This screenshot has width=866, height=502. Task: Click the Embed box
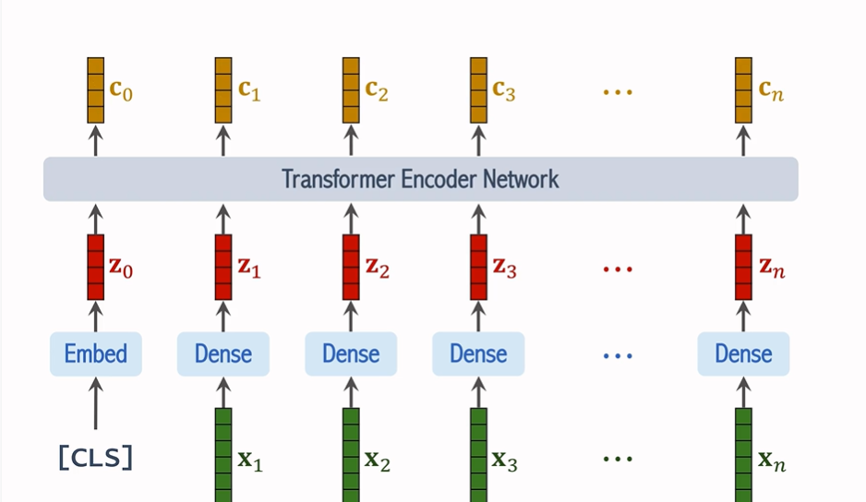pyautogui.click(x=96, y=353)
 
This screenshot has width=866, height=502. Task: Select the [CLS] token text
pyautogui.click(x=95, y=457)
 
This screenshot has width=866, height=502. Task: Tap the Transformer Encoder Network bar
pyautogui.click(x=420, y=178)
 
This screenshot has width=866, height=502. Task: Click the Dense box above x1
pyautogui.click(x=223, y=353)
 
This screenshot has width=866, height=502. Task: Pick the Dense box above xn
pyautogui.click(x=743, y=353)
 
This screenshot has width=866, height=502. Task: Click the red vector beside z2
pyautogui.click(x=351, y=267)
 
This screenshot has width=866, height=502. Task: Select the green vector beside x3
pyautogui.click(x=478, y=454)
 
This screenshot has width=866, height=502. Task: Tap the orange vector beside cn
pyautogui.click(x=743, y=90)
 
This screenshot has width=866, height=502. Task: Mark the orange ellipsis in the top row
pyautogui.click(x=617, y=91)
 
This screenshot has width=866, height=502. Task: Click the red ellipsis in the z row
pyautogui.click(x=617, y=269)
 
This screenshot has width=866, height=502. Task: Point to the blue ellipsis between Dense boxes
pyautogui.click(x=617, y=354)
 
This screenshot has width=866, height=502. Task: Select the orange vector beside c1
pyautogui.click(x=223, y=90)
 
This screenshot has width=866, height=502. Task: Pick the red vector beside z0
pyautogui.click(x=95, y=267)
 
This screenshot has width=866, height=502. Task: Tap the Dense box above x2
pyautogui.click(x=351, y=353)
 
